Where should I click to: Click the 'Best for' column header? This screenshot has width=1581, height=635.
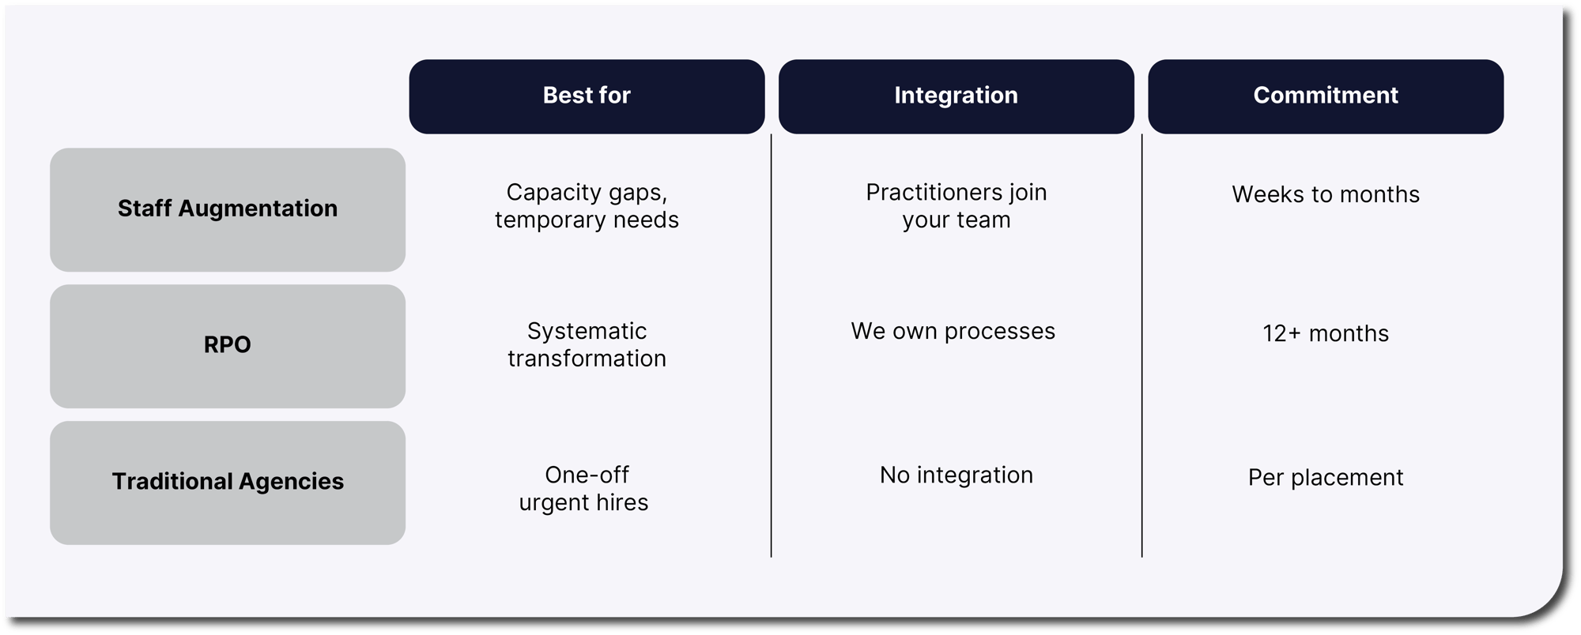pos(587,96)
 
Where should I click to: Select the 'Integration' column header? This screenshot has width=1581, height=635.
pos(957,96)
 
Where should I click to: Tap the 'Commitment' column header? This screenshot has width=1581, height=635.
pos(1326,96)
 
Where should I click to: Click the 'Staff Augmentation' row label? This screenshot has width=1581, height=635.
pos(228,209)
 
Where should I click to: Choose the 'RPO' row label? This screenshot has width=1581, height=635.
pos(228,346)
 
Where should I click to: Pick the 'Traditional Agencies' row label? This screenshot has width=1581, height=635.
pos(228,483)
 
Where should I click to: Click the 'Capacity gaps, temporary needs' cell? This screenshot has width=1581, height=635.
pos(587,205)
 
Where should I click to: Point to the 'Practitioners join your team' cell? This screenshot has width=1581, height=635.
pos(957,205)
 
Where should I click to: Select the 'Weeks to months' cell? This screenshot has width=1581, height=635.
pos(1326,194)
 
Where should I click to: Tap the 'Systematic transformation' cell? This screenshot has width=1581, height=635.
pos(587,344)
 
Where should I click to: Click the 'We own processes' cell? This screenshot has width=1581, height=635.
pos(953,332)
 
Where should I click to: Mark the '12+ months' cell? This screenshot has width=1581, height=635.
pos(1326,333)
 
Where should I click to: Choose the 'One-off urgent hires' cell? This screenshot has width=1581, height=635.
pos(584,488)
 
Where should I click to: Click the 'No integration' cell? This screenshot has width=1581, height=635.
pos(957,475)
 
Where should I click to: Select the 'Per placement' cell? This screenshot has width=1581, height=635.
pos(1326,477)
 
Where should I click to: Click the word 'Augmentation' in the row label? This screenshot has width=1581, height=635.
pos(258,209)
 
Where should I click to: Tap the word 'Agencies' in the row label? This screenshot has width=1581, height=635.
pos(291,482)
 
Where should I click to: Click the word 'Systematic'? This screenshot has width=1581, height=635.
pos(587,332)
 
